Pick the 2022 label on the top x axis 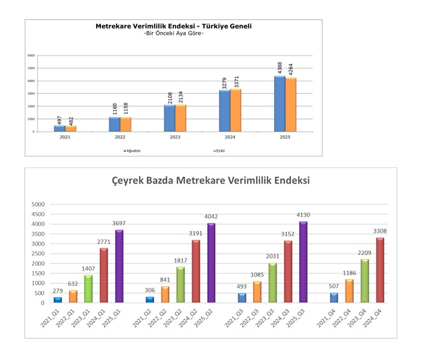[120, 137]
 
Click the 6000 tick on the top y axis [30, 56]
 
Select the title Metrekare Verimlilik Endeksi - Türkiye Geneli [173, 27]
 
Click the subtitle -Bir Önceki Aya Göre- [173, 33]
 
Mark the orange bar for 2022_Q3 [258, 292]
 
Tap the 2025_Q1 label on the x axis [117, 317]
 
